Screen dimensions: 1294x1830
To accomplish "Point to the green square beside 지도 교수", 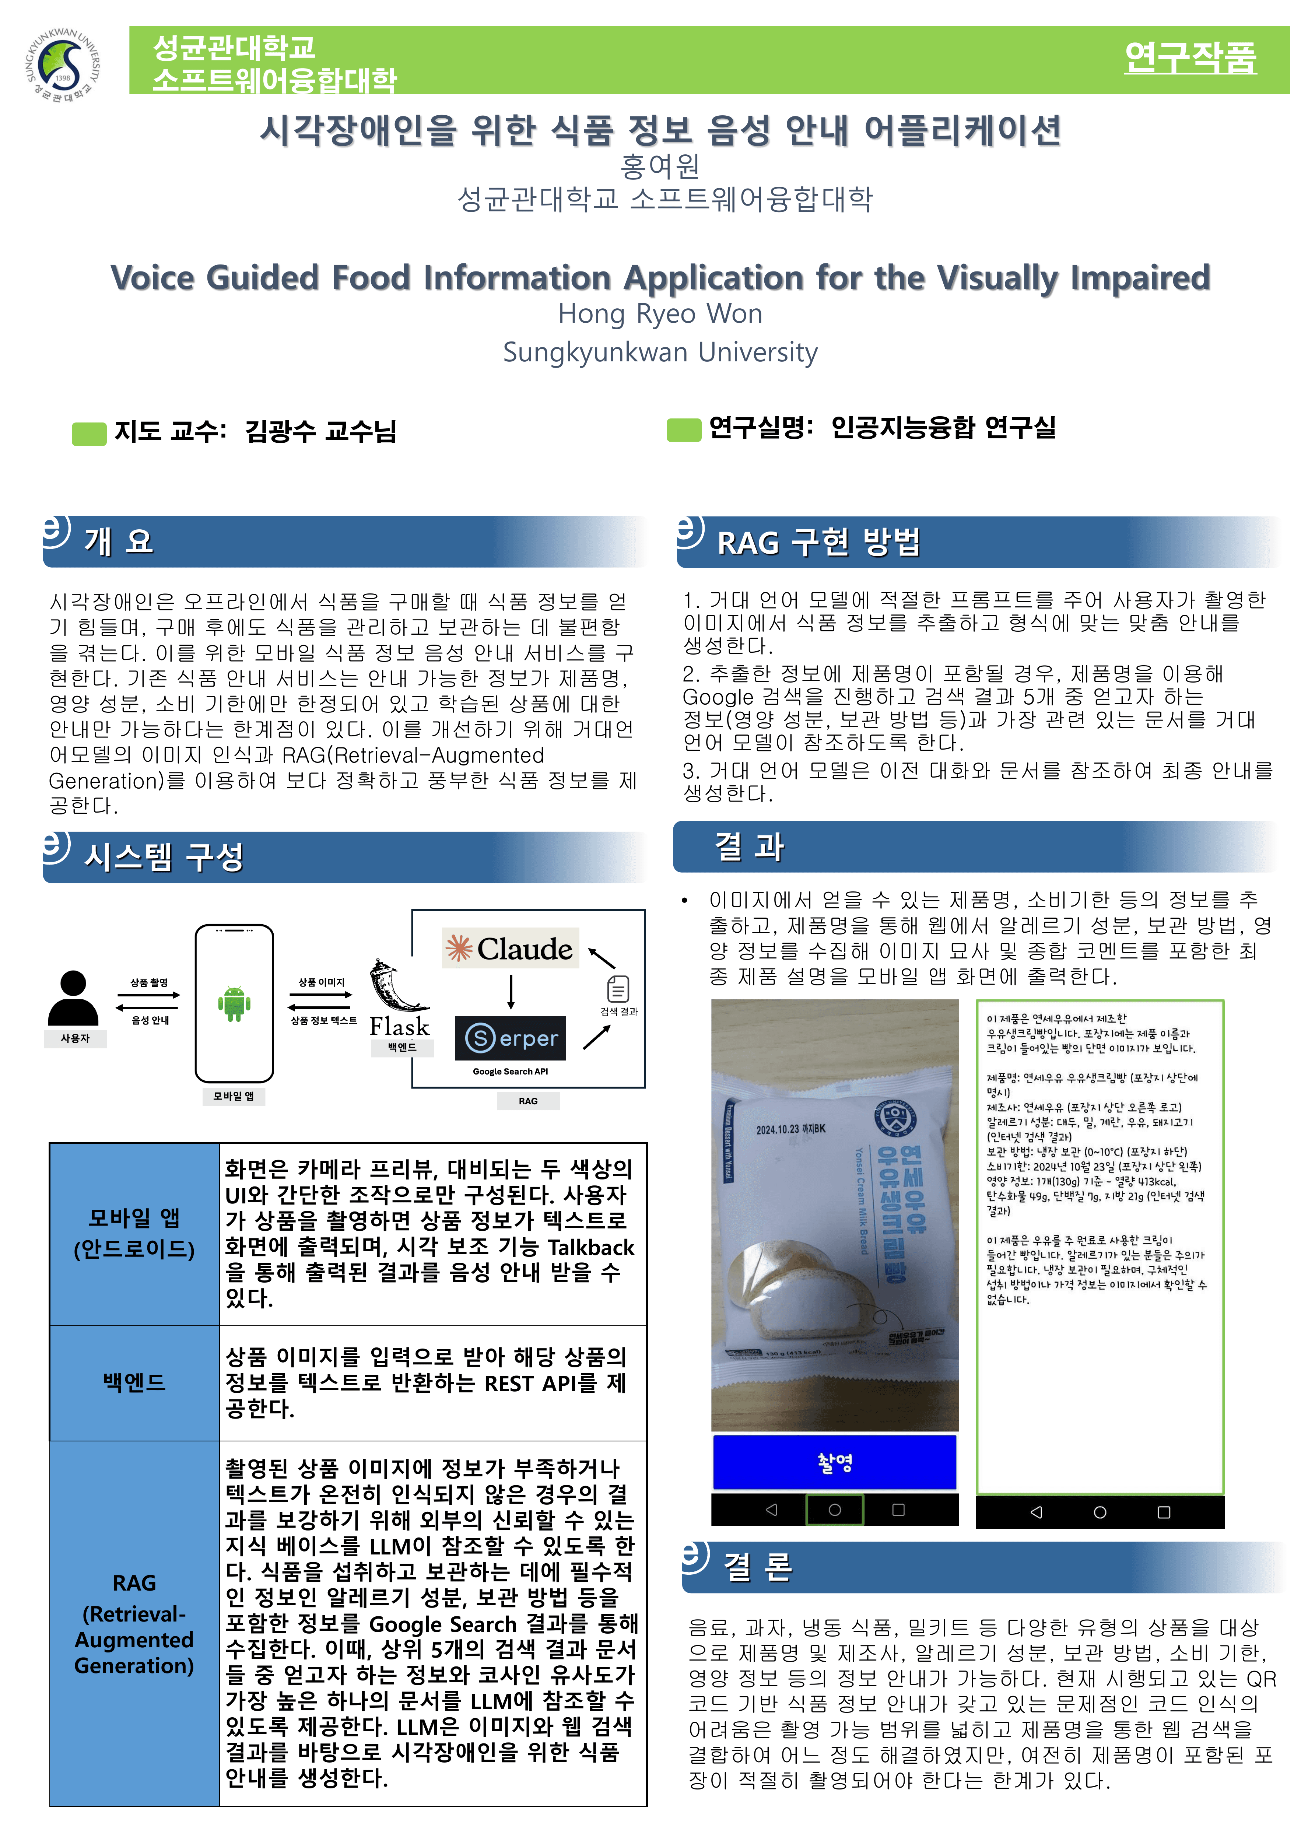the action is [89, 434].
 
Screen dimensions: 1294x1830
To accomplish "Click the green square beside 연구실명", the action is [684, 430].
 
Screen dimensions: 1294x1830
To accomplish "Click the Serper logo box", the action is [511, 1038].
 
